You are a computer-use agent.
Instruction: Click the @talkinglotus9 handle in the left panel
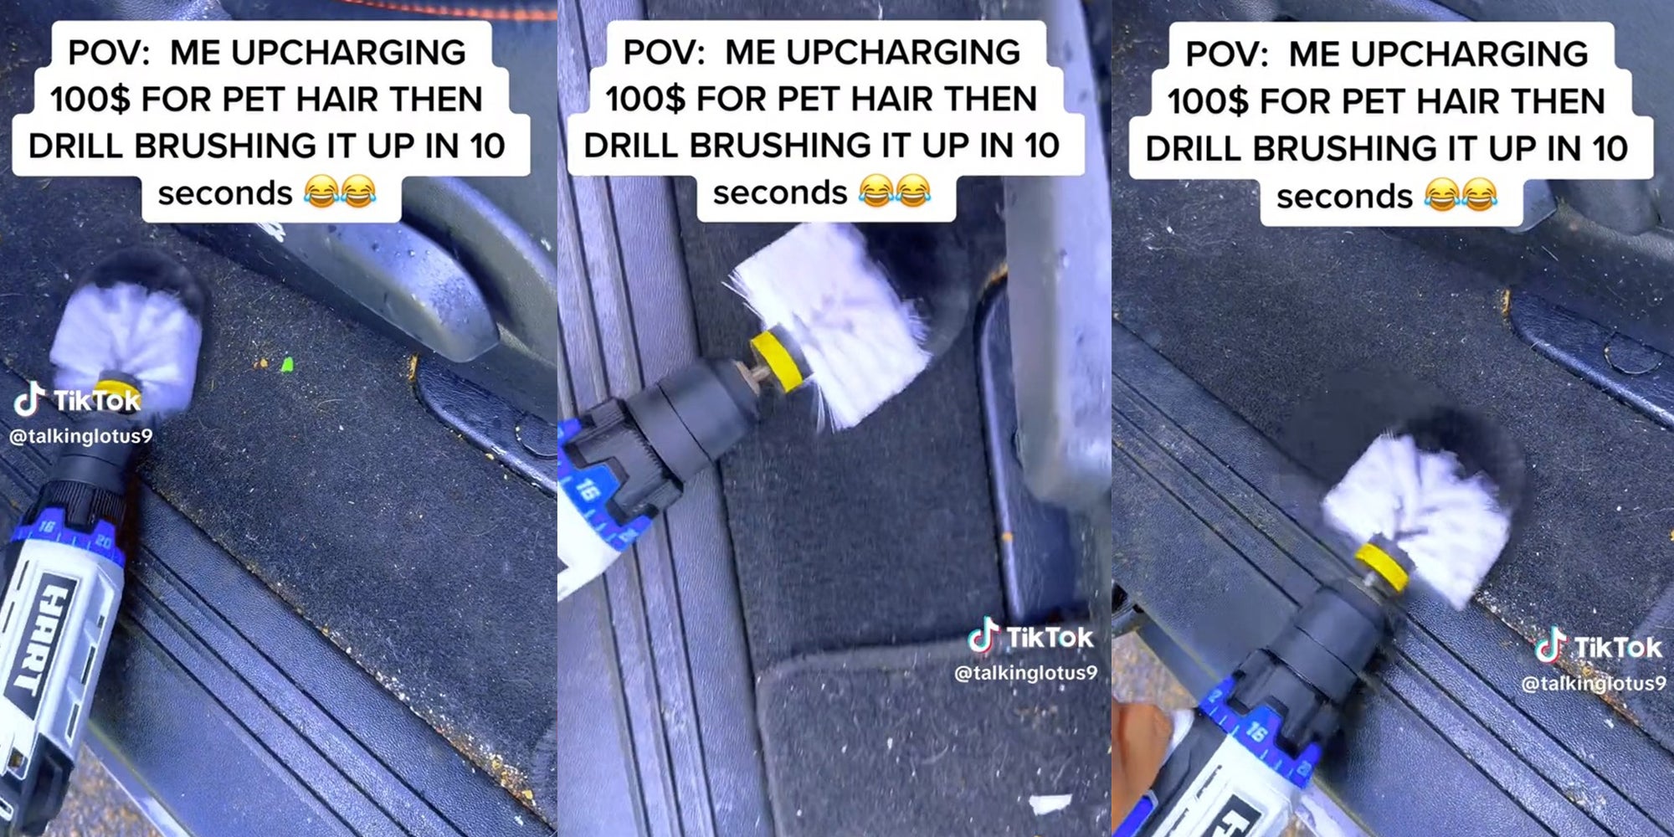pyautogui.click(x=80, y=436)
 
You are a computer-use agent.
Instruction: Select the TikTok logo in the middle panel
pyautogui.click(x=1031, y=638)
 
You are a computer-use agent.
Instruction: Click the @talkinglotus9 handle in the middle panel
pyautogui.click(x=1025, y=673)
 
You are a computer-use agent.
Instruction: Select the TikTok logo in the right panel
pyautogui.click(x=1599, y=648)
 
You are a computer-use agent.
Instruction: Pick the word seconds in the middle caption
pyautogui.click(x=780, y=193)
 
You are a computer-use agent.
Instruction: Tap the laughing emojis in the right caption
pyautogui.click(x=1460, y=196)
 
